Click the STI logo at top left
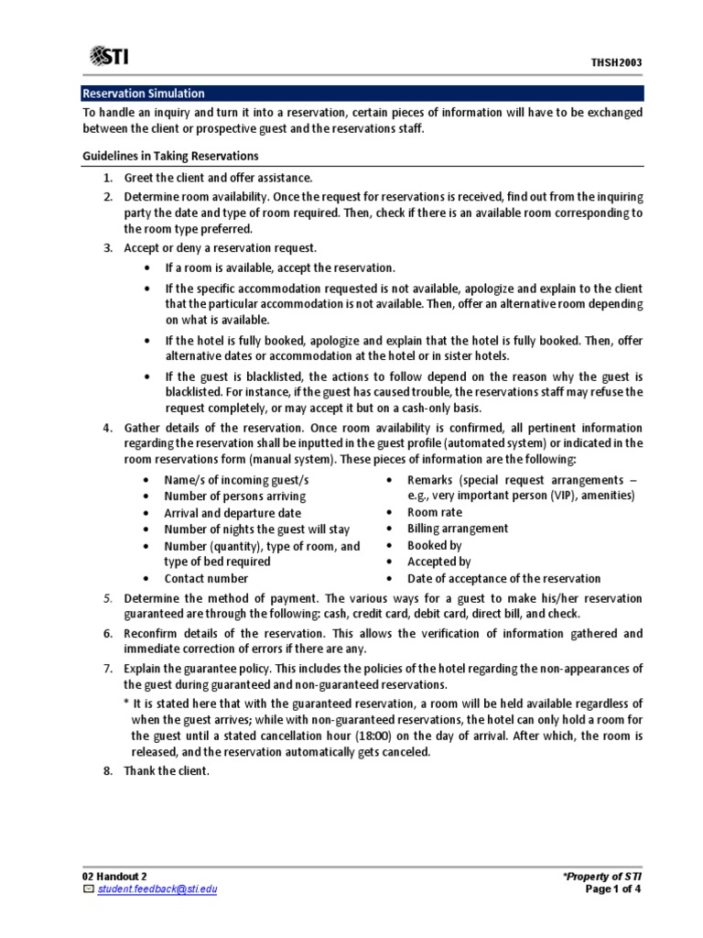point(109,57)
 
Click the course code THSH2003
point(616,62)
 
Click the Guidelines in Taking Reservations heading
point(170,156)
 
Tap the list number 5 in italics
point(107,598)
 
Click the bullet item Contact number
point(206,578)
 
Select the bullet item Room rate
point(435,512)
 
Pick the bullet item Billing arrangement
point(458,529)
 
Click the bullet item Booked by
point(435,545)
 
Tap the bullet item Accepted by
point(439,562)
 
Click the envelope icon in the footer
point(88,889)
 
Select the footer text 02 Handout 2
point(114,877)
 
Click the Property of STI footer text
point(603,877)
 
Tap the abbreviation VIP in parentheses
point(563,496)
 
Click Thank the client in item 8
point(167,770)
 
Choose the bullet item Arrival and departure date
point(233,513)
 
